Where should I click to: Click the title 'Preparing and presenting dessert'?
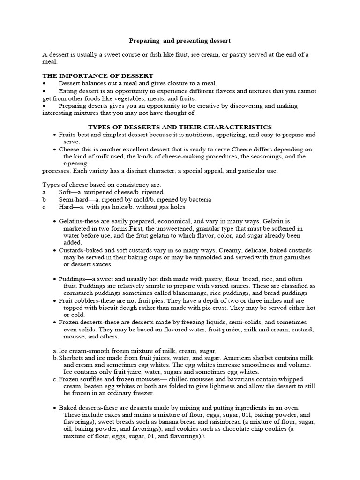pos(180,41)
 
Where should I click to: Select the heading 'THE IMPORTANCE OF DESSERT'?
pos(98,76)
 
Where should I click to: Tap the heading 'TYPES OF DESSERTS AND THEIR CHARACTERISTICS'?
pos(180,127)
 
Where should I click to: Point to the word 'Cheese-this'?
pos(75,149)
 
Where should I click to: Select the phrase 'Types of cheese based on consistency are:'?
pos(102,185)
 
